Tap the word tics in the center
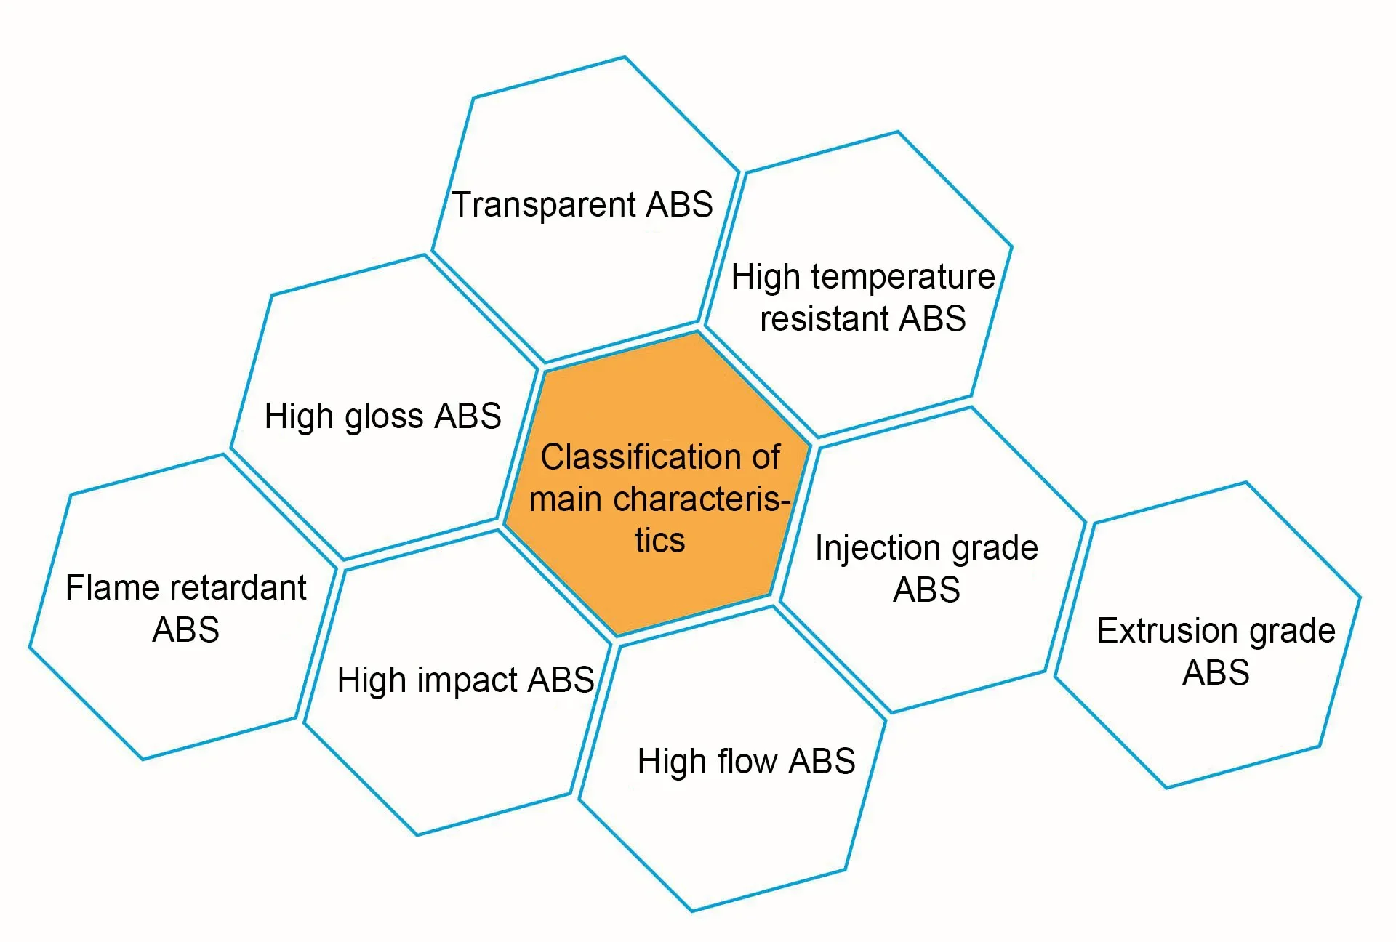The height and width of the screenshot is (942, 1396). (x=660, y=541)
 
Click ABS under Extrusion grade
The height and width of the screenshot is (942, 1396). (x=1216, y=672)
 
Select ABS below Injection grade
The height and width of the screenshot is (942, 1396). (x=926, y=589)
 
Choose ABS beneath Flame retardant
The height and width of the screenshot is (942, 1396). (x=185, y=629)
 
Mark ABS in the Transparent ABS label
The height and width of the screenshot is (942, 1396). (x=679, y=205)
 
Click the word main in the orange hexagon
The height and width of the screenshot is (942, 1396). (x=565, y=499)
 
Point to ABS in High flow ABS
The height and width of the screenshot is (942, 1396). (x=822, y=762)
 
